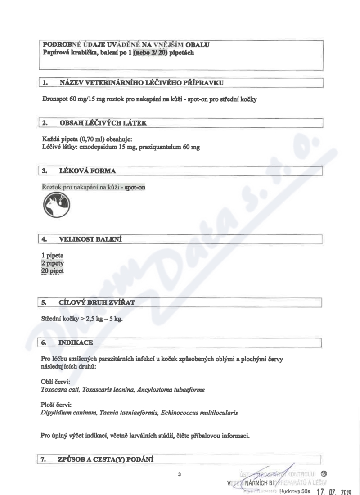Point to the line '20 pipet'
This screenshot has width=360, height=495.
tap(52, 271)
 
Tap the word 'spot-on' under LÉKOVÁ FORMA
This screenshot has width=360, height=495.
tap(134, 187)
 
